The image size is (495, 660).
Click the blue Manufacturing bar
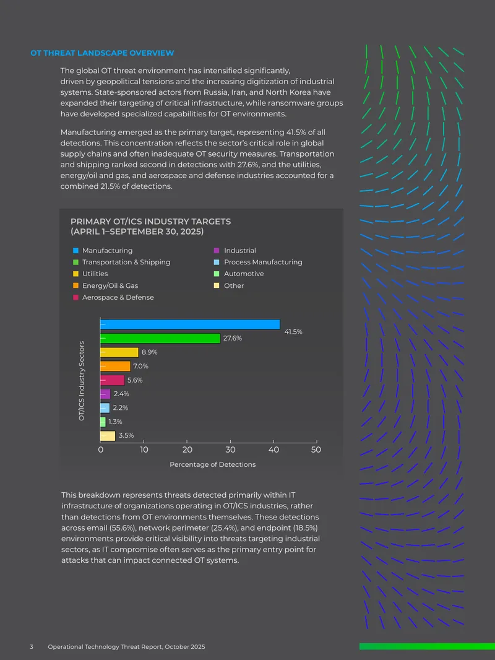[190, 324]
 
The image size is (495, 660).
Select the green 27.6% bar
[160, 338]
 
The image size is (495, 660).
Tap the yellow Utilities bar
[119, 352]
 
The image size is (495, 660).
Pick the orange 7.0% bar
[115, 366]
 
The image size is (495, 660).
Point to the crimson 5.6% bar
[112, 380]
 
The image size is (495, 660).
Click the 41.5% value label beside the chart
[293, 332]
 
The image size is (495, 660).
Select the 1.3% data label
[115, 422]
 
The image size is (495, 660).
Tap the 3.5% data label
[126, 435]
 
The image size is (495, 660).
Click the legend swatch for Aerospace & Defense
[75, 297]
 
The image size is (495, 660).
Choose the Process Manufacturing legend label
[263, 262]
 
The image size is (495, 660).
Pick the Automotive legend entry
[239, 274]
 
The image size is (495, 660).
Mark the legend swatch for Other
[217, 285]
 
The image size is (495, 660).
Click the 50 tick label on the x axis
[316, 449]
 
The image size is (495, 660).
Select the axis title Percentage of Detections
[212, 464]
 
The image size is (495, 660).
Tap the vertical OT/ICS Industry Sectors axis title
[82, 381]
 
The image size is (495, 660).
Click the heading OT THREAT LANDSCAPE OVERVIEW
[102, 53]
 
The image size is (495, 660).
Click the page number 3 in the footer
[32, 646]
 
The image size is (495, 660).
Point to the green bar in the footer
[427, 646]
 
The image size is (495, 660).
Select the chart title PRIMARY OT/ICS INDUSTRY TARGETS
[150, 222]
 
